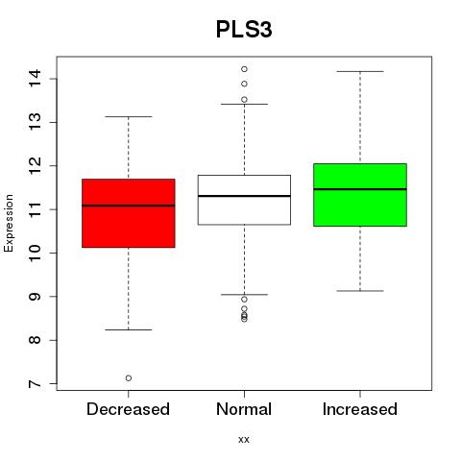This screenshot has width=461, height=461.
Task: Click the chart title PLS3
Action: (x=244, y=30)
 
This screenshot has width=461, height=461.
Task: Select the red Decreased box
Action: (x=129, y=213)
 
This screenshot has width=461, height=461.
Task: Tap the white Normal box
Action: (x=244, y=200)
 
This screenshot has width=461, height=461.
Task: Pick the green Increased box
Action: (x=360, y=195)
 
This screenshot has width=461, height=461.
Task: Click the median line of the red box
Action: (x=129, y=206)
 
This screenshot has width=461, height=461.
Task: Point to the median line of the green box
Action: (x=360, y=189)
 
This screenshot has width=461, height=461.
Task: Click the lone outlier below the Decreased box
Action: (x=129, y=378)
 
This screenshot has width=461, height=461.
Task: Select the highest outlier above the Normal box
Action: (x=244, y=69)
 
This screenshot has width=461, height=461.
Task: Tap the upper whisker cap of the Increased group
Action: (x=360, y=71)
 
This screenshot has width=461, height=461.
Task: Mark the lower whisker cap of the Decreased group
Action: (x=129, y=329)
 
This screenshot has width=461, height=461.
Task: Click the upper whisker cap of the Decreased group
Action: (x=129, y=116)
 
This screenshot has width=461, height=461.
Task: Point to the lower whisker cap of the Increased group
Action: (x=360, y=291)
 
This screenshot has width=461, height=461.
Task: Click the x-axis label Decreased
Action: (x=128, y=409)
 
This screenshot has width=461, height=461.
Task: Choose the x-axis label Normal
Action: (x=244, y=409)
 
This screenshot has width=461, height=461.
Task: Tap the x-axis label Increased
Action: (x=360, y=409)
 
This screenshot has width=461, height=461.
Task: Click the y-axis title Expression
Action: (x=9, y=223)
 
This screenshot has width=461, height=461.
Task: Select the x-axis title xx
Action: (x=244, y=440)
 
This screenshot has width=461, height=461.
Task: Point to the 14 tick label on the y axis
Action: (x=35, y=78)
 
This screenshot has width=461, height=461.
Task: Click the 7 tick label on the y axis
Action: (x=35, y=383)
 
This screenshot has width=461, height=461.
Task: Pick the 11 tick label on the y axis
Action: (x=35, y=209)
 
